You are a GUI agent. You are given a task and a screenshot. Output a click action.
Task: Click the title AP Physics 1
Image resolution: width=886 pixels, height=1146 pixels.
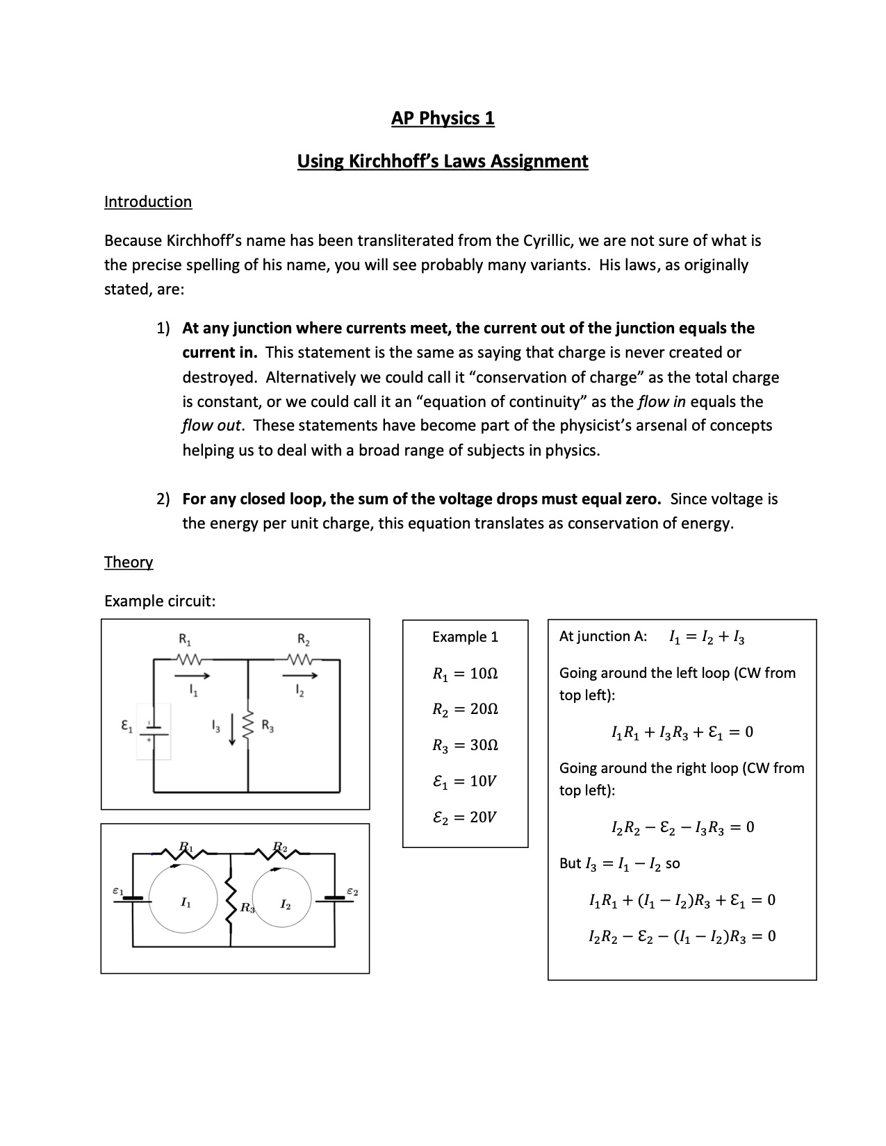[x=443, y=118]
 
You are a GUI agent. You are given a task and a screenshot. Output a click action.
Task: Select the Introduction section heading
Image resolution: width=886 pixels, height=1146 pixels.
[x=148, y=202]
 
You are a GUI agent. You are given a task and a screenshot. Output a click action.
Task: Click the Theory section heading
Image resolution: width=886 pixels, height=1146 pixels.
[x=129, y=562]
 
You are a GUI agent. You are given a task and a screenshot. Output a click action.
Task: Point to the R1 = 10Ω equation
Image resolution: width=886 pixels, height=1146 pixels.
[x=465, y=674]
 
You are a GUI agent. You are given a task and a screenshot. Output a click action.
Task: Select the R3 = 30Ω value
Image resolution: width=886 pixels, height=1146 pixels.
[x=465, y=745]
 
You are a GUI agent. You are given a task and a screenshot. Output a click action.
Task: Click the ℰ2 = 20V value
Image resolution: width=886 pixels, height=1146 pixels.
[x=464, y=817]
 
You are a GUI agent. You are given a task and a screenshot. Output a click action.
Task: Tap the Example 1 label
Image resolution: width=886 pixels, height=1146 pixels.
[x=465, y=637]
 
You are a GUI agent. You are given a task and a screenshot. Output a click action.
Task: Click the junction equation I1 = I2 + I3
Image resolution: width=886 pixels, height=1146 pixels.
[x=707, y=637]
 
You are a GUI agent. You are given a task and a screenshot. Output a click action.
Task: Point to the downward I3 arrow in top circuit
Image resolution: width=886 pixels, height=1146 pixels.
[x=232, y=733]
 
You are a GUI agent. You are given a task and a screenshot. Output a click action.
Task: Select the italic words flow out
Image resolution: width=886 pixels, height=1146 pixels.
[x=211, y=426]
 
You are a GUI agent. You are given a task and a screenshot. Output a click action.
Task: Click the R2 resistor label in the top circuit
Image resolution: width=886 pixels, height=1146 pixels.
[x=304, y=639]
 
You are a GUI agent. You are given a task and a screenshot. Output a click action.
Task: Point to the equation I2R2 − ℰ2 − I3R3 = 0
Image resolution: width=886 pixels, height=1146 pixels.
[x=682, y=827]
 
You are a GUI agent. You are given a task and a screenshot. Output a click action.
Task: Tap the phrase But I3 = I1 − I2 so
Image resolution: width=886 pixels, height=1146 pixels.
[x=620, y=864]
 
